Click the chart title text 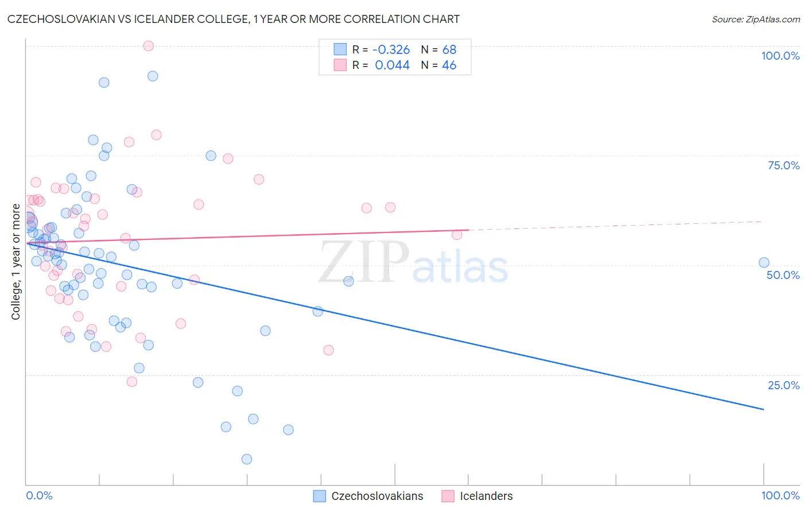point(234,19)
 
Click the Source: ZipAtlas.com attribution point(755,20)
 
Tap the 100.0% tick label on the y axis point(780,56)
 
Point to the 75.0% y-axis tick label point(783,165)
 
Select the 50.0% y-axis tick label point(783,275)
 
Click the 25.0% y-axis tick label point(783,385)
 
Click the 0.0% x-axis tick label point(39,495)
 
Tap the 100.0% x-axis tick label point(780,495)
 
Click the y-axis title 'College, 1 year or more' point(16,262)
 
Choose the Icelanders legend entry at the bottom point(486,496)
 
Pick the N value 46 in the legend point(449,65)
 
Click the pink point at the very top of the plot point(148,46)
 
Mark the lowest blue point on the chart point(247,459)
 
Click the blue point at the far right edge point(764,263)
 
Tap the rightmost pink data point point(457,234)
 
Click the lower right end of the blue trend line point(763,409)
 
